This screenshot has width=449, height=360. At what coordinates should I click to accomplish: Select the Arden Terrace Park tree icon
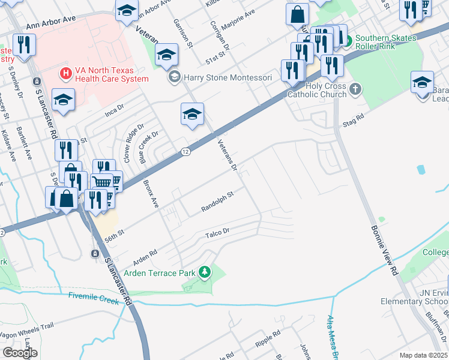[205, 273]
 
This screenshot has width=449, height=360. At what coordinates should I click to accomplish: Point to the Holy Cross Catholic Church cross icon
[355, 89]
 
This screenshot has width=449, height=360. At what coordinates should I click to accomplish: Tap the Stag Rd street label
[353, 121]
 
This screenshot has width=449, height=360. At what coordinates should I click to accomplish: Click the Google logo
[20, 353]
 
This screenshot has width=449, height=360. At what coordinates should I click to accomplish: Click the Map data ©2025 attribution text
[423, 355]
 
